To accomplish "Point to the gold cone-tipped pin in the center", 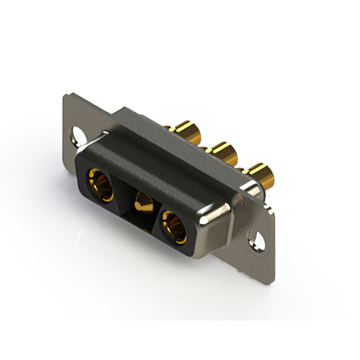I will pyautogui.click(x=142, y=202).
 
